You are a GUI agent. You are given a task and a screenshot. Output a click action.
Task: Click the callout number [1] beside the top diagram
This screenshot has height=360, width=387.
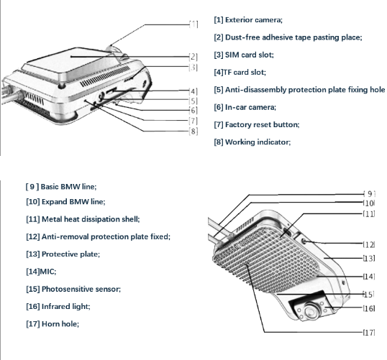click(x=193, y=24)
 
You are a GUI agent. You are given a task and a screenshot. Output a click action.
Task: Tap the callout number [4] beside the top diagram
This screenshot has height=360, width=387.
click(x=193, y=91)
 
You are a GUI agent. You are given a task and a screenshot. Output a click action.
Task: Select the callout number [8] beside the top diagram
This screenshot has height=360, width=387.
click(x=193, y=131)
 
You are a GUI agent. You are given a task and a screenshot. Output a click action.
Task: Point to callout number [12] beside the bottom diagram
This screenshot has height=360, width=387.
click(x=369, y=244)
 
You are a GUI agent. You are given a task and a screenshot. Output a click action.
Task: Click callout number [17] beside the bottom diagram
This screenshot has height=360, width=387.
click(x=369, y=333)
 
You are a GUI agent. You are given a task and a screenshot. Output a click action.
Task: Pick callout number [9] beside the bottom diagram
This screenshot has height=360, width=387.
click(x=370, y=194)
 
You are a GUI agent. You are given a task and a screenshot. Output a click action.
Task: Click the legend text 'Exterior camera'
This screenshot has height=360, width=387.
click(x=253, y=19)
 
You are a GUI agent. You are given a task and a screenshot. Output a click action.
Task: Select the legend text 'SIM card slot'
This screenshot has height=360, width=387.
click(x=249, y=55)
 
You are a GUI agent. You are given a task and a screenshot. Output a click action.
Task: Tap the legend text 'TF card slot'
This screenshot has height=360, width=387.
click(x=244, y=73)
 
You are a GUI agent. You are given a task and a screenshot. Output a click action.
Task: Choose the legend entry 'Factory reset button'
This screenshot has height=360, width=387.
click(x=262, y=124)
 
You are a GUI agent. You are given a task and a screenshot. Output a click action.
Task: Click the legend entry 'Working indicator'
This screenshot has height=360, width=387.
click(x=258, y=142)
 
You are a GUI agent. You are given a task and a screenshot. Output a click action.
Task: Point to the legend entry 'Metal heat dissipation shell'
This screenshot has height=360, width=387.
click(x=91, y=219)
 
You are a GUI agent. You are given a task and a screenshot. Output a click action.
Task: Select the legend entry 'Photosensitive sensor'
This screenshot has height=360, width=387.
click(x=81, y=289)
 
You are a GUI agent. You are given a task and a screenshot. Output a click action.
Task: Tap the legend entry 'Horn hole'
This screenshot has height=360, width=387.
click(x=60, y=324)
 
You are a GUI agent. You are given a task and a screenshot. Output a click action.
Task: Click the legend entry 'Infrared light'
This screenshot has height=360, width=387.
click(x=65, y=307)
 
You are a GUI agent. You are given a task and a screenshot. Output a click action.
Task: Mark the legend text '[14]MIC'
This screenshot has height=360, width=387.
click(x=41, y=272)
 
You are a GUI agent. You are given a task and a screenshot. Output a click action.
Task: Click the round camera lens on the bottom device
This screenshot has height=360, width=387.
click(x=310, y=311)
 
